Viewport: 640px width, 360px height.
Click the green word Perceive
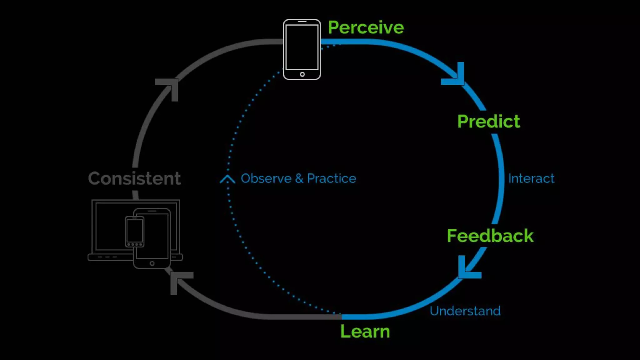pyautogui.click(x=366, y=27)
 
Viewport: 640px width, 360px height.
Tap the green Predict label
pyautogui.click(x=488, y=122)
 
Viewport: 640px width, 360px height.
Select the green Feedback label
pyautogui.click(x=490, y=236)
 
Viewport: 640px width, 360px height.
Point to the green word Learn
pyautogui.click(x=365, y=331)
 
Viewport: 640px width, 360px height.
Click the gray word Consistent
pyautogui.click(x=134, y=178)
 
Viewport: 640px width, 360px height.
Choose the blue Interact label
pyautogui.click(x=531, y=178)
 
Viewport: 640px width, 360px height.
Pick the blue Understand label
pyautogui.click(x=465, y=311)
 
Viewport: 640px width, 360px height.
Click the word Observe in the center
pyautogui.click(x=266, y=178)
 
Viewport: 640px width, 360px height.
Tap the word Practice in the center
pyautogui.click(x=331, y=178)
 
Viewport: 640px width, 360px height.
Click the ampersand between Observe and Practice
pyautogui.click(x=299, y=178)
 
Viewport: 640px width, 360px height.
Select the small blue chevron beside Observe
pyautogui.click(x=227, y=179)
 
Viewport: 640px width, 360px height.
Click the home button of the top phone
pyautogui.click(x=302, y=74)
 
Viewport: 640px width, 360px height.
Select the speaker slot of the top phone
pyautogui.click(x=302, y=22)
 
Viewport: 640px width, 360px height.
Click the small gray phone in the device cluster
pyautogui.click(x=135, y=231)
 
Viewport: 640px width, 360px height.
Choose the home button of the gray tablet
pyautogui.click(x=152, y=263)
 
